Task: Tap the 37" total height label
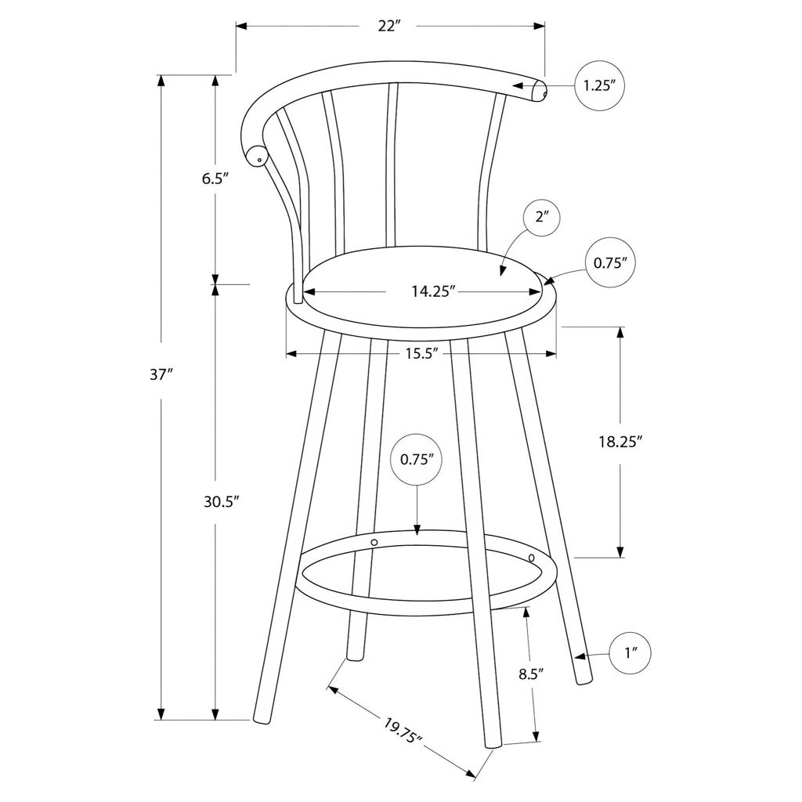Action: tap(160, 375)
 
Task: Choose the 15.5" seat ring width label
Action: tap(423, 353)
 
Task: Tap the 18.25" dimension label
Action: tap(620, 442)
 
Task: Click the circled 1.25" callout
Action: tap(599, 85)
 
